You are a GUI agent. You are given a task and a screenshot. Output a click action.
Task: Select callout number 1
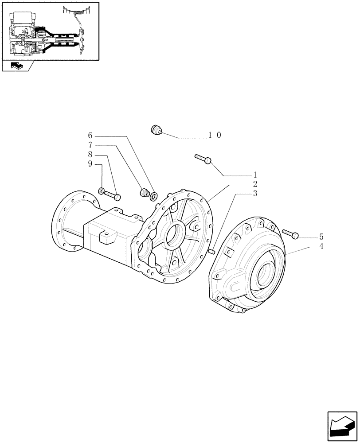(255, 175)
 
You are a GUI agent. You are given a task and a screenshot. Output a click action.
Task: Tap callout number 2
(255, 184)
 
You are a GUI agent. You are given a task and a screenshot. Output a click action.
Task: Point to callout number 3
(255, 194)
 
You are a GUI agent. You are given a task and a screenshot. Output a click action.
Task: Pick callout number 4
(321, 246)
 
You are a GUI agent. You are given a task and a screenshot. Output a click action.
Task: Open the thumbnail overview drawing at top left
(50, 31)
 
